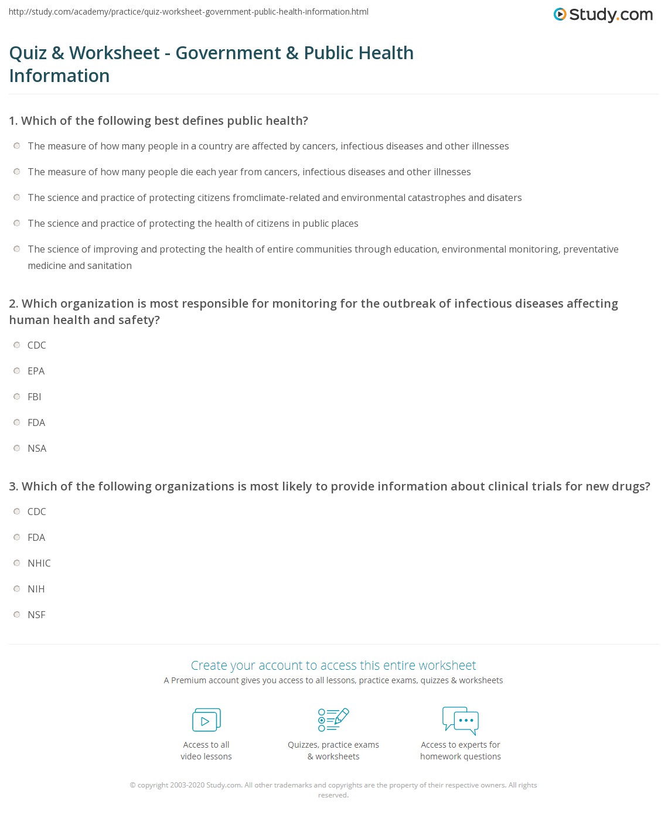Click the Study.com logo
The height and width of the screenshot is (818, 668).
click(603, 15)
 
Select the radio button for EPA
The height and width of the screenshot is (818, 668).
click(17, 371)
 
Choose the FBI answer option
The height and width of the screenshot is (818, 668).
click(17, 397)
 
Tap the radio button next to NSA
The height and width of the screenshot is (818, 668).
click(17, 448)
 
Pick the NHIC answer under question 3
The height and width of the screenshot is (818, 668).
click(17, 563)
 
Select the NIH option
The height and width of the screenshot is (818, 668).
click(17, 589)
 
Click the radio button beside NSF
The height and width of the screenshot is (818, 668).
click(17, 615)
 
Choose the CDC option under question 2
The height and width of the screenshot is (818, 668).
click(17, 345)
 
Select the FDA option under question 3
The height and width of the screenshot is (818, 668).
click(17, 537)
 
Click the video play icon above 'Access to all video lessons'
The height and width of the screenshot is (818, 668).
click(206, 720)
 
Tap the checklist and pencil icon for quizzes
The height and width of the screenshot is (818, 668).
click(333, 720)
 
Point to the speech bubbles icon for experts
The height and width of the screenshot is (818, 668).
click(461, 720)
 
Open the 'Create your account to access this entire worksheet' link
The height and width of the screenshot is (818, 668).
click(333, 666)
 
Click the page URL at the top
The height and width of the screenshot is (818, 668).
click(189, 12)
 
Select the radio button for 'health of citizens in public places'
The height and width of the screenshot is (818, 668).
click(17, 223)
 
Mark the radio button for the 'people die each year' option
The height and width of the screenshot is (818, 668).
click(17, 172)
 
